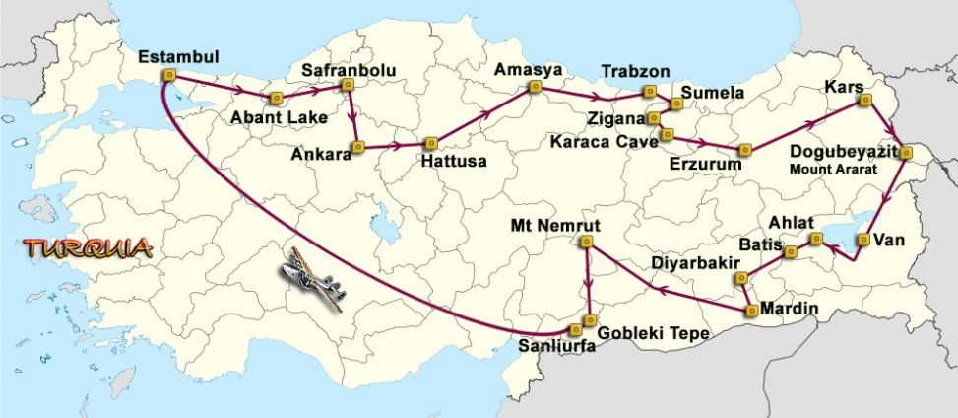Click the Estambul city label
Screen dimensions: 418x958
click(178, 55)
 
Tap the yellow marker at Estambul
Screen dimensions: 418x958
click(169, 74)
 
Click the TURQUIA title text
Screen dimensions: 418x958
click(89, 247)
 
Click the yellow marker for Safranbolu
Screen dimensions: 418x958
click(348, 85)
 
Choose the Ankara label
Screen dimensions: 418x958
click(321, 155)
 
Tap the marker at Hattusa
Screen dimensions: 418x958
click(428, 144)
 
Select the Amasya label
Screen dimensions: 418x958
click(529, 69)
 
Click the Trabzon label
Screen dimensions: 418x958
click(635, 72)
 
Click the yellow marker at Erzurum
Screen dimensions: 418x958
click(745, 149)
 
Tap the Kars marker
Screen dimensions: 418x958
click(865, 100)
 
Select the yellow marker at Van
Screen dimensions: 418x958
click(862, 239)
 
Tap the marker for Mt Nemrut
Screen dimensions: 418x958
click(587, 241)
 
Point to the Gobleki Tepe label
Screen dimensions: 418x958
click(654, 333)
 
